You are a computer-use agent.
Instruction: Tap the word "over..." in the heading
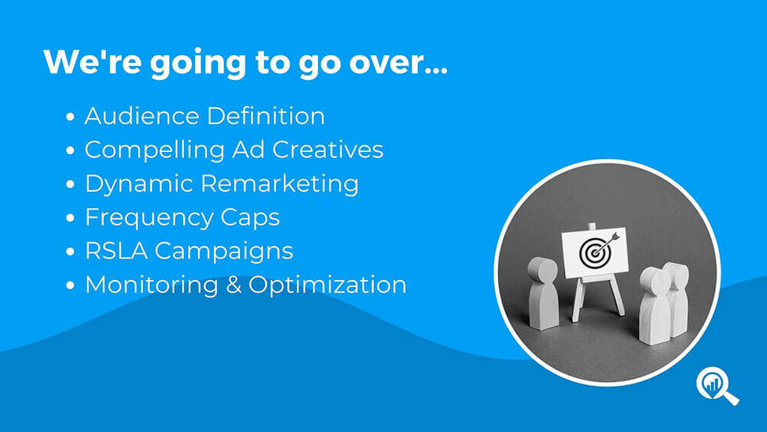(x=398, y=64)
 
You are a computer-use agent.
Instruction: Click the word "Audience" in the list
(x=142, y=116)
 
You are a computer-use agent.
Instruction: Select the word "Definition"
(x=265, y=116)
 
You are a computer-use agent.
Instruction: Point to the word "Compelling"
(x=155, y=150)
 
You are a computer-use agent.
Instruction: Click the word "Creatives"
(x=328, y=150)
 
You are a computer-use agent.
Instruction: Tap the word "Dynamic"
(x=139, y=184)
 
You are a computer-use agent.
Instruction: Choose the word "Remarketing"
(x=279, y=184)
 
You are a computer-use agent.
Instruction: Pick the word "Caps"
(x=250, y=218)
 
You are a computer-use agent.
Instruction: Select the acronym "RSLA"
(x=116, y=251)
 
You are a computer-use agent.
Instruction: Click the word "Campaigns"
(x=224, y=252)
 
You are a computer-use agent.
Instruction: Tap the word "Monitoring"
(x=152, y=285)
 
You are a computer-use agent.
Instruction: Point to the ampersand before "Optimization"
(x=233, y=285)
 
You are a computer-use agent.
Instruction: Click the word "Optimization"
(x=328, y=285)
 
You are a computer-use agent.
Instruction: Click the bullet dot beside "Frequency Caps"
(x=71, y=218)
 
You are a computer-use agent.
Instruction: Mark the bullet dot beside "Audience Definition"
(x=71, y=117)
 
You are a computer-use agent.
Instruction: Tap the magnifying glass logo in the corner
(x=717, y=386)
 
